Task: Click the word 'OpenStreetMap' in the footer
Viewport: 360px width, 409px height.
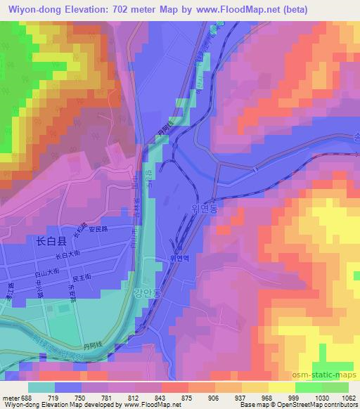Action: tap(306, 405)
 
